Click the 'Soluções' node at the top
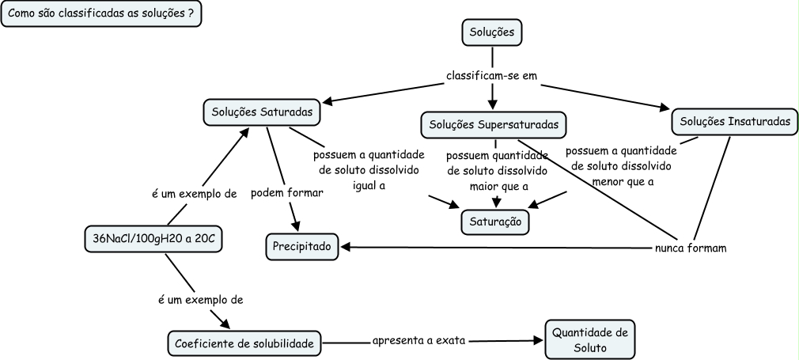[492, 32]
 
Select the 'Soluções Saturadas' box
[262, 112]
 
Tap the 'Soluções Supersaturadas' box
[494, 124]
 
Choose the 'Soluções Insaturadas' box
[735, 122]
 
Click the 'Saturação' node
[495, 222]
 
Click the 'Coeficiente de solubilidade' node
[246, 343]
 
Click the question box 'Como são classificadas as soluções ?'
[100, 15]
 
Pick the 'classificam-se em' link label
[491, 77]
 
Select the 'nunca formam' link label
[691, 247]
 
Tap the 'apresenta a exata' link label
[419, 341]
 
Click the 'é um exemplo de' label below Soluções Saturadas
[194, 193]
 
